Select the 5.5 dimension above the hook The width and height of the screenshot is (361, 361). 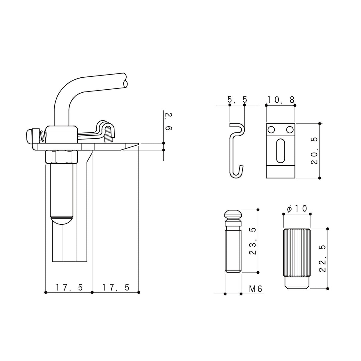coord(237,100)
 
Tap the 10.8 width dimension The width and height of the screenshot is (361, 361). coord(281,100)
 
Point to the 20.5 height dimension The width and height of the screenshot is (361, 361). coord(314,151)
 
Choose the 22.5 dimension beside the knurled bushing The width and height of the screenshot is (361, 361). coord(322,258)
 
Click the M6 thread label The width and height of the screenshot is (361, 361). coord(255,289)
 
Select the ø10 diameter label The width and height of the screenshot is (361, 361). coord(297,208)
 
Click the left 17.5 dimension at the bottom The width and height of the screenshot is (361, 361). coord(69,287)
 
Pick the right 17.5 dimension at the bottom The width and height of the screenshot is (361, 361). coord(116,287)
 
